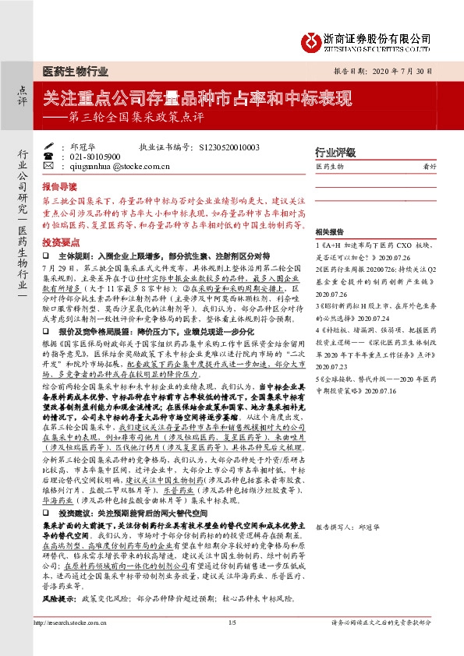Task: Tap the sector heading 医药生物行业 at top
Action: pyautogui.click(x=75, y=72)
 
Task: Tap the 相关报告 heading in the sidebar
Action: pyautogui.click(x=329, y=232)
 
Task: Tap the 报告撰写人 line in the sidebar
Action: pyautogui.click(x=345, y=527)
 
